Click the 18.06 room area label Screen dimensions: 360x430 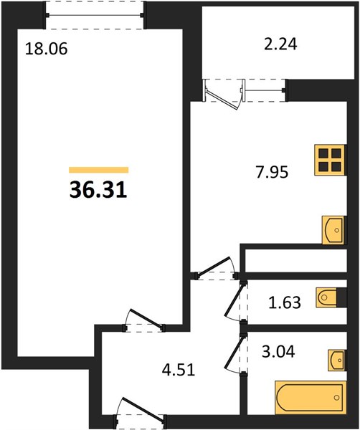coord(46,49)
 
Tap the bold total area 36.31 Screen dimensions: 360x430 coord(98,190)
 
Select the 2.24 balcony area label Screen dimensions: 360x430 coord(280,44)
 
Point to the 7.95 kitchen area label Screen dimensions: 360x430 coord(272,172)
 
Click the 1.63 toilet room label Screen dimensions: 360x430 coord(285,302)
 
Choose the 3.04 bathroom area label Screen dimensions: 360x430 coord(278,351)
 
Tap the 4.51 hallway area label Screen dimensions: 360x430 coord(179,369)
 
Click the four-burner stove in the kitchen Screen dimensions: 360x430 coord(330,160)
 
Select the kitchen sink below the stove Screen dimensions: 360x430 coord(333,230)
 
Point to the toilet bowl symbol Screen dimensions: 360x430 coord(326,297)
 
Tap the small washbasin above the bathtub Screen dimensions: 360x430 coord(337,360)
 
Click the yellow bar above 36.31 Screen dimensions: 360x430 coord(99,170)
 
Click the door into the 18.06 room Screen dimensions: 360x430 coord(144,320)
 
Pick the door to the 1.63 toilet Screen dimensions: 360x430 coord(235,302)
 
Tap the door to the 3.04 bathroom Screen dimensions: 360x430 coord(235,354)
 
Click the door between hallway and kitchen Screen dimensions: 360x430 coord(215,268)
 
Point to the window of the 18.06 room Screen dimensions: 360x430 coord(95,15)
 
